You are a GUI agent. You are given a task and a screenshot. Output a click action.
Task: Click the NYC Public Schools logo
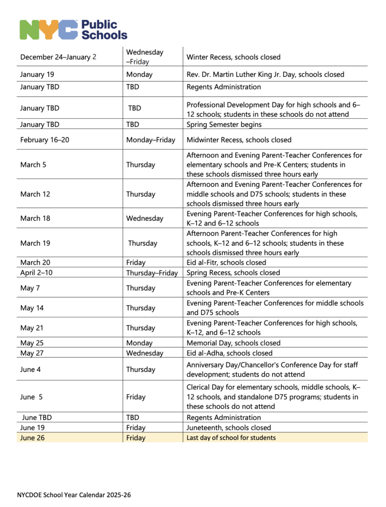(73, 29)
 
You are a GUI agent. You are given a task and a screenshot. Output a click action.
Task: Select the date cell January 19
(37, 74)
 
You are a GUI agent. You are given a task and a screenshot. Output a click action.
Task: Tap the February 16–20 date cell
(45, 140)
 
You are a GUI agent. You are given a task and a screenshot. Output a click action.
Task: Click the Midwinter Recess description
(239, 140)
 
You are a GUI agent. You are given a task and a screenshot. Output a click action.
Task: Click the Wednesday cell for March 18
(145, 218)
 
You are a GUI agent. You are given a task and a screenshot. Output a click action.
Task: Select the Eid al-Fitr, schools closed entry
(226, 262)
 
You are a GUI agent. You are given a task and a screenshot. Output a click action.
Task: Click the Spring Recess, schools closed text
(233, 273)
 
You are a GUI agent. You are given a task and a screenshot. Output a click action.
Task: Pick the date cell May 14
(32, 308)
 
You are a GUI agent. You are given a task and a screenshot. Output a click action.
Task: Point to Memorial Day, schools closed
(234, 343)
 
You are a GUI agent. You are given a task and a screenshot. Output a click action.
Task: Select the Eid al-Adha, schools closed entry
(230, 353)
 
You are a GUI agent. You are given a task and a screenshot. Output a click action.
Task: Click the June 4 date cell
(31, 369)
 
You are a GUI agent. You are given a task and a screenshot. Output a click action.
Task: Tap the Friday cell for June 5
(136, 397)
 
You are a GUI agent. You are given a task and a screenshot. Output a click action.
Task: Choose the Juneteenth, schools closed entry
(229, 427)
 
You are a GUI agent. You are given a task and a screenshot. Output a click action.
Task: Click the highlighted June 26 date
(32, 438)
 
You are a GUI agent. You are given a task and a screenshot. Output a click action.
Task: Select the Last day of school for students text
(231, 438)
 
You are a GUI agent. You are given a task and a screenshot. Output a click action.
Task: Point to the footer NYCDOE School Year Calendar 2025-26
(74, 495)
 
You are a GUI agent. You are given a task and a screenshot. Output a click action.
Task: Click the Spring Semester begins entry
(224, 124)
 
